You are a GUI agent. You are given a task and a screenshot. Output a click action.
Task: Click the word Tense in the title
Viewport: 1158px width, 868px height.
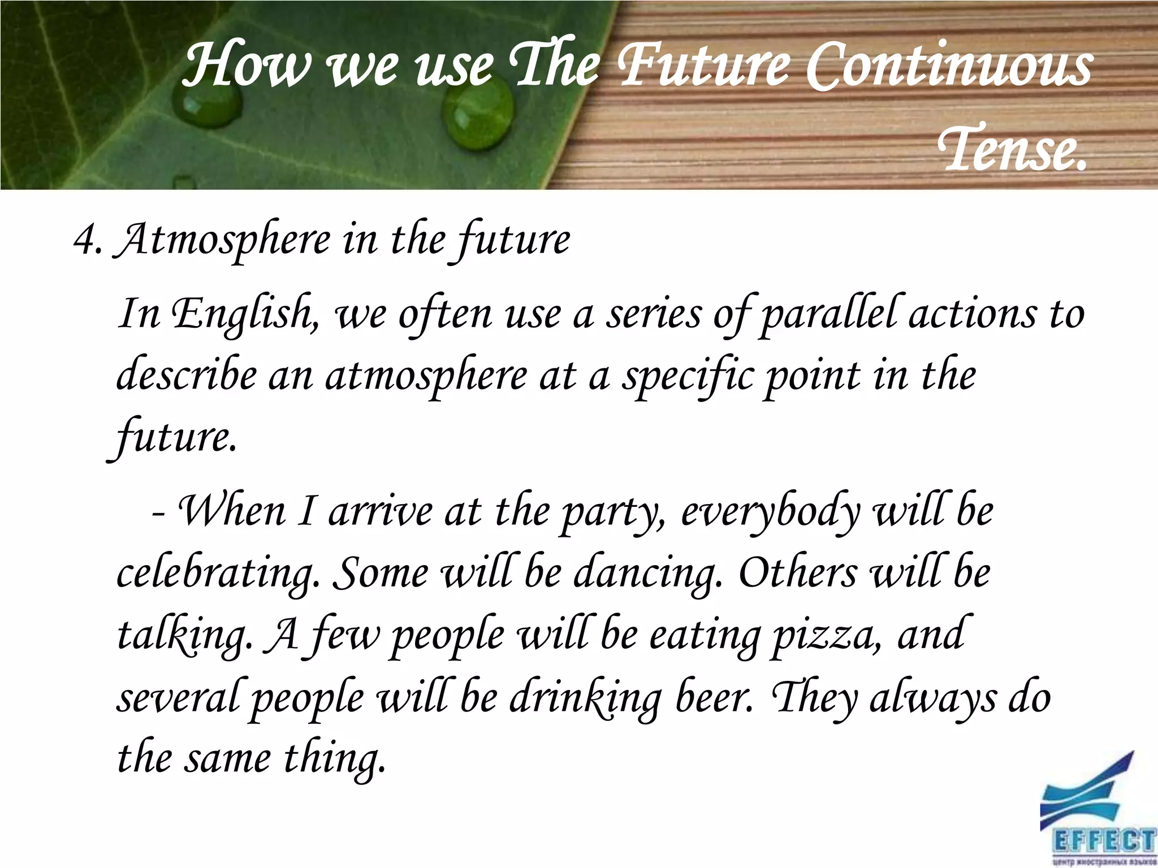[1012, 148]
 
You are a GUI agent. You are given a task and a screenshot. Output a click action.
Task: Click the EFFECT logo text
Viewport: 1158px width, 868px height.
[1103, 840]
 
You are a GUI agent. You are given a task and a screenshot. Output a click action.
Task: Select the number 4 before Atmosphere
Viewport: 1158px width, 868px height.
[83, 240]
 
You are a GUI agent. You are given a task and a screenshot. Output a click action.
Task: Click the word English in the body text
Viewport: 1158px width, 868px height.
[243, 314]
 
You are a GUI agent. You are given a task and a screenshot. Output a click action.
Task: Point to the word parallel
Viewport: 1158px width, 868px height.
[829, 314]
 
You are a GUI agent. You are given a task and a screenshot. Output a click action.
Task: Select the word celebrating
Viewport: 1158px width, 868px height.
[215, 574]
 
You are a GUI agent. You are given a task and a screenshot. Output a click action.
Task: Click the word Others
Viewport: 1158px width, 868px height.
[797, 573]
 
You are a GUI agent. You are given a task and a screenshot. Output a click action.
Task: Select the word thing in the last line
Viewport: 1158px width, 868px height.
[334, 761]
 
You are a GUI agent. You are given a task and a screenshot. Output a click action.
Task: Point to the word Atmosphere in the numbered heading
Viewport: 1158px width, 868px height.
[223, 241]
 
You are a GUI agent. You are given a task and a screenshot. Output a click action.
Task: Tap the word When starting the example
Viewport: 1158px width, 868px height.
[232, 511]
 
